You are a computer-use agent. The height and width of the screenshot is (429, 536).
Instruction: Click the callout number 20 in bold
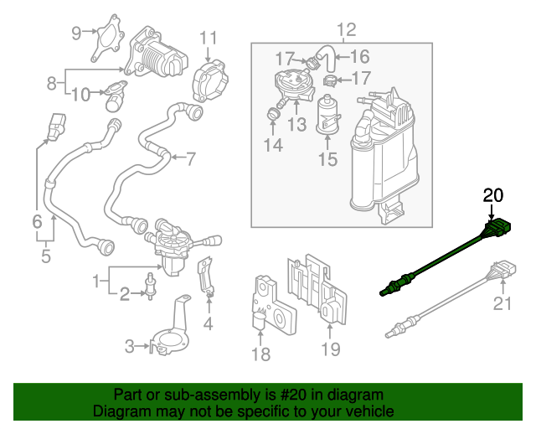(492, 196)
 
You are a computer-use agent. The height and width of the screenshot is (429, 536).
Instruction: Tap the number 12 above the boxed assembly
(346, 30)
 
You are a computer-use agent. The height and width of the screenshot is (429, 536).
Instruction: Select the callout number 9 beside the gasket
(76, 34)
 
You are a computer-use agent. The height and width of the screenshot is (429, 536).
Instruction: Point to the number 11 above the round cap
(208, 38)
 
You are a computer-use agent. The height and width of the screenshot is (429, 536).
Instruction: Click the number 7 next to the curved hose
(190, 158)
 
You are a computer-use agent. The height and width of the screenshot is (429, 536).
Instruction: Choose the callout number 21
(501, 303)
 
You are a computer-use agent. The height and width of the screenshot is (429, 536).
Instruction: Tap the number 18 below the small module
(261, 354)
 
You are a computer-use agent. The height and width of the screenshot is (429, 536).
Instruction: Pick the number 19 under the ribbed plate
(331, 349)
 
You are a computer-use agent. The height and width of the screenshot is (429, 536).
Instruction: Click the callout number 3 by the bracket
(130, 345)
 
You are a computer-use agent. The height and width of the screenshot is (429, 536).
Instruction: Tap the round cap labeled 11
(210, 81)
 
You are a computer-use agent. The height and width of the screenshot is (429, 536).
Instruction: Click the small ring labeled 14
(273, 113)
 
